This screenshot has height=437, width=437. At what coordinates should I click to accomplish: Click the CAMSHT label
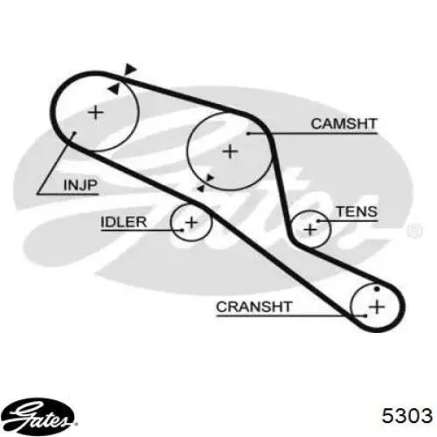point(344,124)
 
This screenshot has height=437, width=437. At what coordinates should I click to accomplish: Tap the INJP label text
point(80,185)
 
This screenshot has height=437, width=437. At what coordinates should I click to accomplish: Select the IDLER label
point(123,222)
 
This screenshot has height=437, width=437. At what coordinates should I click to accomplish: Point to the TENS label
point(357,212)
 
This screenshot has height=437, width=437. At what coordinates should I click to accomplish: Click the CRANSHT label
point(254,307)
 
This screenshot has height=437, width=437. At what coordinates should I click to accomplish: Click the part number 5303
point(407,415)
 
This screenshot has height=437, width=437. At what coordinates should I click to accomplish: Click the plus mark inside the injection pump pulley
point(96,113)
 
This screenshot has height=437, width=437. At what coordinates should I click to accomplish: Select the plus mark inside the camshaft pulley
point(230,151)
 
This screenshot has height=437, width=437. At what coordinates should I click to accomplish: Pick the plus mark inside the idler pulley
point(191,223)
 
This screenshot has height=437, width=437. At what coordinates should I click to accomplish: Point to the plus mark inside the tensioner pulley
point(310,229)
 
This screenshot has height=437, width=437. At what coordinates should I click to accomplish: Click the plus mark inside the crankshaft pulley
point(377,307)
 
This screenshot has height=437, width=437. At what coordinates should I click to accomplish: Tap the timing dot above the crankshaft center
point(377,289)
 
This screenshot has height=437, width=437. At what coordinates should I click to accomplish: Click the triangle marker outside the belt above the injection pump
point(130,68)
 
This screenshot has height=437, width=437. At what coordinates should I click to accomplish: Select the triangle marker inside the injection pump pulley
point(114,88)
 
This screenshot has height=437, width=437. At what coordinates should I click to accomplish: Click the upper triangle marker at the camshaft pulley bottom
point(210,178)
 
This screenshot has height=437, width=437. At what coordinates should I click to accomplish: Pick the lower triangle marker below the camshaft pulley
point(201,189)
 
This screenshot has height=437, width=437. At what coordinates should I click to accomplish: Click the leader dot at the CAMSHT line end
point(248,134)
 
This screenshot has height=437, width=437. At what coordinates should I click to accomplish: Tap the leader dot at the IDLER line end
point(183,230)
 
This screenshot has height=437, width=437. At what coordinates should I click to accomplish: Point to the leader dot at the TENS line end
point(318,221)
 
